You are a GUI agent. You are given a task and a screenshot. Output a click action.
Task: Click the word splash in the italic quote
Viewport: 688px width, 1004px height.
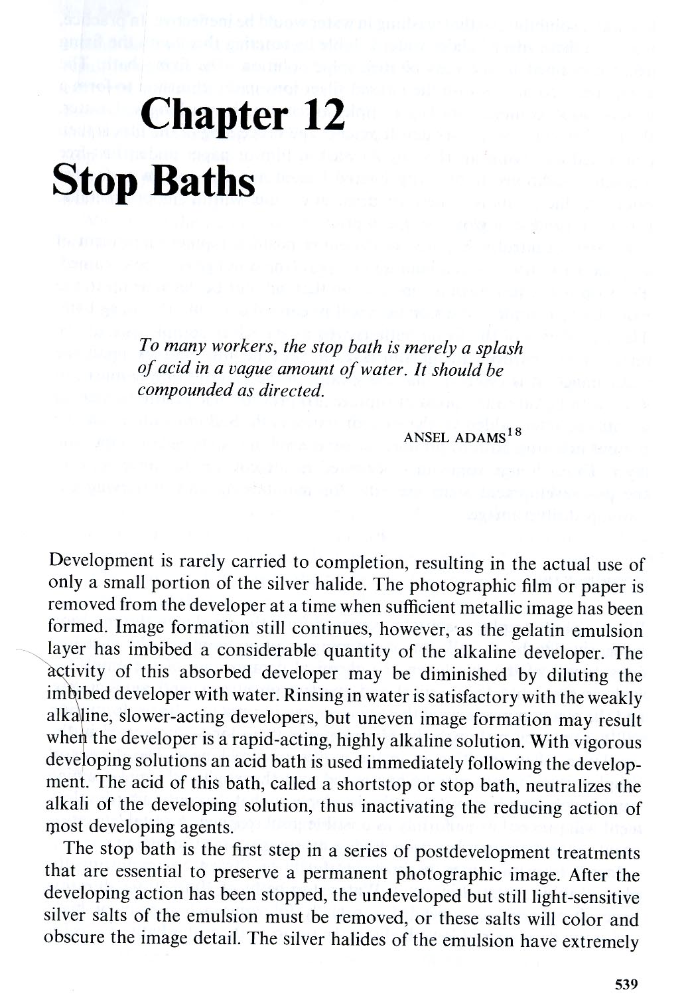coord(497,349)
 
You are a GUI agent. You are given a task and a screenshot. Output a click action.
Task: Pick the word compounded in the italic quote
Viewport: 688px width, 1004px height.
coord(179,390)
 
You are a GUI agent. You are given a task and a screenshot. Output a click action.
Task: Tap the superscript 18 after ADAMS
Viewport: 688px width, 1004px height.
coord(514,432)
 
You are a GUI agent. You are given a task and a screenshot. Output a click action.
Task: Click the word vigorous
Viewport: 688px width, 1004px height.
coord(610,742)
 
